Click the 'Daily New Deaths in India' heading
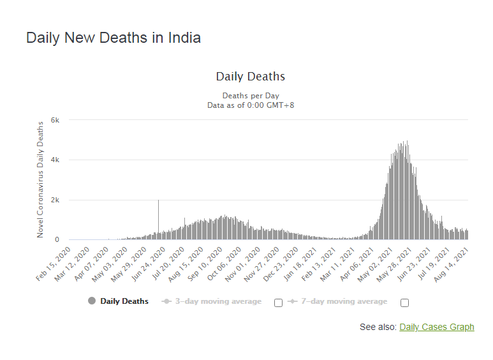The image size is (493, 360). tap(114, 38)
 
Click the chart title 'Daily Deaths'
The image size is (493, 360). tap(251, 77)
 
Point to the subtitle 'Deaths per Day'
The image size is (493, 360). tap(251, 96)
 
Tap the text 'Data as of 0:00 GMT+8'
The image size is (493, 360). tap(251, 105)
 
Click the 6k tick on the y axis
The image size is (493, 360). tap(55, 120)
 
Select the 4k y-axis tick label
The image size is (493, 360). tap(55, 160)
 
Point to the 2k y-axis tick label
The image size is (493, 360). tap(55, 200)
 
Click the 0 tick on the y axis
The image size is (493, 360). tap(57, 239)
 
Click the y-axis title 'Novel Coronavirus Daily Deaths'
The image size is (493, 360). tap(40, 179)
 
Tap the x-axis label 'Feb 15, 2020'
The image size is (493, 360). tap(54, 264)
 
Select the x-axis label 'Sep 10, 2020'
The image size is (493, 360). tap(205, 264)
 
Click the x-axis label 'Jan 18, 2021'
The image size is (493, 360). tap(300, 264)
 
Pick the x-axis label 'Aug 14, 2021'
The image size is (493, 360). tap(452, 264)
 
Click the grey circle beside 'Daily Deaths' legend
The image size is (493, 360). tap(92, 301)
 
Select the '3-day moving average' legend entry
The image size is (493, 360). tap(212, 301)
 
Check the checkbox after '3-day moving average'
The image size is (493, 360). tap(278, 303)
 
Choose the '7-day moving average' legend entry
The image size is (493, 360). tap(337, 301)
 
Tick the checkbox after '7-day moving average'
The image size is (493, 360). tap(404, 303)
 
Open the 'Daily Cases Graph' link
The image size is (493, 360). tap(437, 327)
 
